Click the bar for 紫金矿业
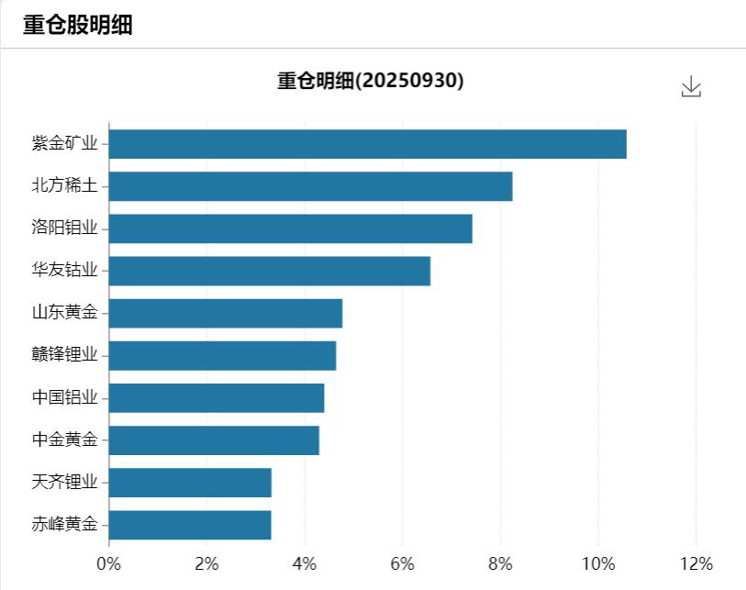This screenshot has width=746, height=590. [x=367, y=144]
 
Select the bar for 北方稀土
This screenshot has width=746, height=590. [x=310, y=186]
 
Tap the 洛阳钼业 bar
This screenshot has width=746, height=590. [x=290, y=228]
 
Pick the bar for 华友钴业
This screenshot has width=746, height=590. [x=269, y=271]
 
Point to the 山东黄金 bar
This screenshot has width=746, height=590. [x=225, y=313]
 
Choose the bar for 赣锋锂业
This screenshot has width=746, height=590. [x=222, y=355]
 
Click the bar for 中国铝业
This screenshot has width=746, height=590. [x=216, y=397]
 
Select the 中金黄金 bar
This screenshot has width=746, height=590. [x=214, y=440]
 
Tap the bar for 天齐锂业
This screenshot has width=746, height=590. [x=190, y=482]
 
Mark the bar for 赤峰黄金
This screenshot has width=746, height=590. [x=190, y=524]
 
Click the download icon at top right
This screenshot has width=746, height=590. [x=691, y=87]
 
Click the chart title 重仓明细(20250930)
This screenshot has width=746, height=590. [x=371, y=81]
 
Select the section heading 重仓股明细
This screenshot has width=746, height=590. [x=78, y=25]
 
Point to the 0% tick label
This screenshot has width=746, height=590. [x=109, y=562]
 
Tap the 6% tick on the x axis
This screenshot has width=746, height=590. [x=403, y=562]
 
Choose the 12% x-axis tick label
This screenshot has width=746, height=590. [x=696, y=562]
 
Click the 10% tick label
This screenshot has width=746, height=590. [x=597, y=562]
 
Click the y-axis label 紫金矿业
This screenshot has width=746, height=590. [x=64, y=143]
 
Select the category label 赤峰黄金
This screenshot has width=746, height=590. [x=64, y=524]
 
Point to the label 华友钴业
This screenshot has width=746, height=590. [x=64, y=271]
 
